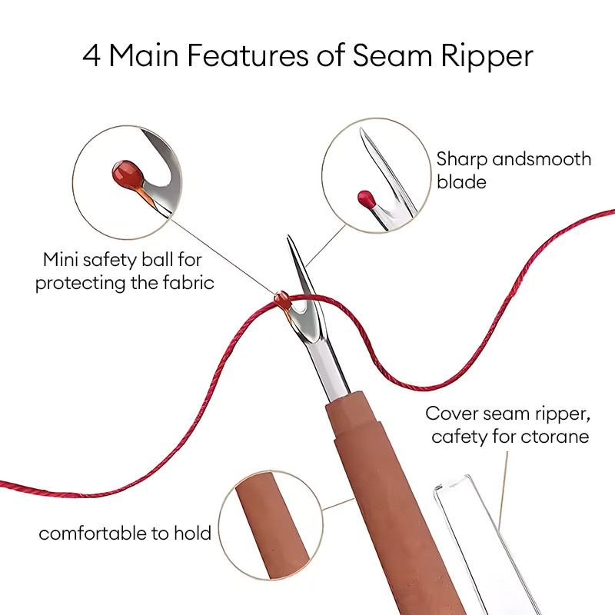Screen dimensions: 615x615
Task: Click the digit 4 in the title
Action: (x=91, y=55)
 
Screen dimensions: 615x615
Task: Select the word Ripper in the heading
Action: (x=487, y=57)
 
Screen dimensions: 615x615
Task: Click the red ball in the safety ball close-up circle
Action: (x=128, y=173)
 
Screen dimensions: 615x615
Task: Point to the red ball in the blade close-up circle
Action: (x=367, y=198)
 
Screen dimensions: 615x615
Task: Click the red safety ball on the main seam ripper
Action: (x=282, y=299)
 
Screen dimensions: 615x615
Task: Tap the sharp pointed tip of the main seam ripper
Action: (x=289, y=237)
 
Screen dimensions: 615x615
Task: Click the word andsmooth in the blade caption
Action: (x=542, y=159)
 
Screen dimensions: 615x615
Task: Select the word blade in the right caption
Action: (x=462, y=182)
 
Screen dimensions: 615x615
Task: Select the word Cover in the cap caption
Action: (x=451, y=414)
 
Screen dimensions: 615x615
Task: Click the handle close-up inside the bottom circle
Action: (x=271, y=526)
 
